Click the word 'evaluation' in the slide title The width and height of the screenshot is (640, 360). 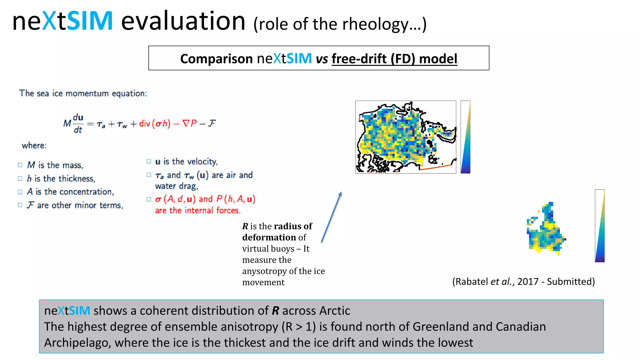click(183, 21)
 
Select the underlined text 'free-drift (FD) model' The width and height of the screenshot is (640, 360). click(394, 59)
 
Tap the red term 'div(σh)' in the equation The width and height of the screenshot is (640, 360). click(154, 124)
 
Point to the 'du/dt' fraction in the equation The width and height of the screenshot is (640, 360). click(78, 123)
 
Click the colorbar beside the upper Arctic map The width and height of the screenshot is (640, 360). click(465, 137)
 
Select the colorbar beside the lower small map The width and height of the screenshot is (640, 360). click(599, 226)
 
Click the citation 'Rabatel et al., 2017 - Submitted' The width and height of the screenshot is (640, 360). click(523, 282)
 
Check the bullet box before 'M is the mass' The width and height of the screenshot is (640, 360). click(20, 165)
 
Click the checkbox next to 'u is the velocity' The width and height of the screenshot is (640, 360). click(149, 162)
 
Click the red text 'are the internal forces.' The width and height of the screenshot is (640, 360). click(198, 211)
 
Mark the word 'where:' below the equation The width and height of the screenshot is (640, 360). click(34, 146)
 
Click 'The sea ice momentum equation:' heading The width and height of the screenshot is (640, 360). click(83, 93)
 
